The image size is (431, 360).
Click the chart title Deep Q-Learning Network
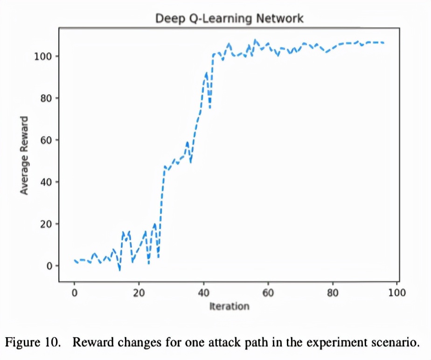coord(229,18)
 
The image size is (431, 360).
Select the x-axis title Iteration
coord(229,306)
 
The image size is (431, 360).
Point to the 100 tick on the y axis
coord(45,56)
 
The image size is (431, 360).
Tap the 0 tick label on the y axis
coord(50,266)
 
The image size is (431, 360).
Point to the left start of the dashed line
coord(75,260)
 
